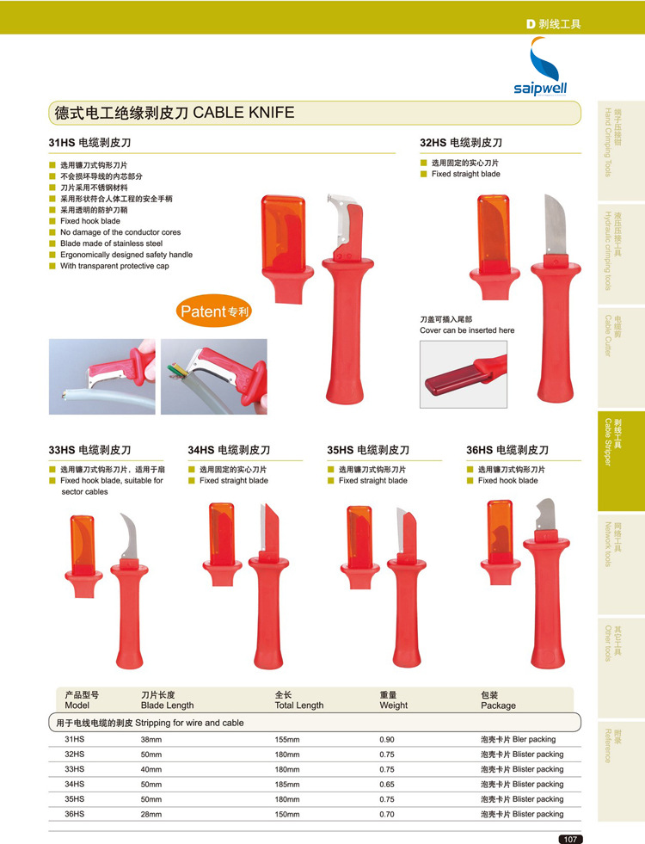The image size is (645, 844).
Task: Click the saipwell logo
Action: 540,67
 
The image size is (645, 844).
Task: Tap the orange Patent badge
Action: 214,311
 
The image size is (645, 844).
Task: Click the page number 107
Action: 570,839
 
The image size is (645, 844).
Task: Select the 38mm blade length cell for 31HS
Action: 151,740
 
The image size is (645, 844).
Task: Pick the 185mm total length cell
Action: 287,785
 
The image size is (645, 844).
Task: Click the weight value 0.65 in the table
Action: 387,785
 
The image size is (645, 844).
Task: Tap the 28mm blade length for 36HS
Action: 151,815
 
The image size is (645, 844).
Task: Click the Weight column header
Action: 393,700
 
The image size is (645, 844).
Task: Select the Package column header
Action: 498,700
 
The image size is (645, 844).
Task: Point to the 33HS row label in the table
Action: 74,769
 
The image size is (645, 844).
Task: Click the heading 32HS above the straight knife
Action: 433,143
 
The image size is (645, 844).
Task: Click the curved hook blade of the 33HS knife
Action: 129,536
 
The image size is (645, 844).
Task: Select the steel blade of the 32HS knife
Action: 555,225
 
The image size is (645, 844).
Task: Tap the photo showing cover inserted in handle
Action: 464,374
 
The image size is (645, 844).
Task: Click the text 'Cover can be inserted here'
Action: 467,330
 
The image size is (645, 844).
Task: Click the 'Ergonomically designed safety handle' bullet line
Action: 126,255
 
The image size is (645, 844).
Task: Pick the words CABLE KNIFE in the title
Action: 243,113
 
